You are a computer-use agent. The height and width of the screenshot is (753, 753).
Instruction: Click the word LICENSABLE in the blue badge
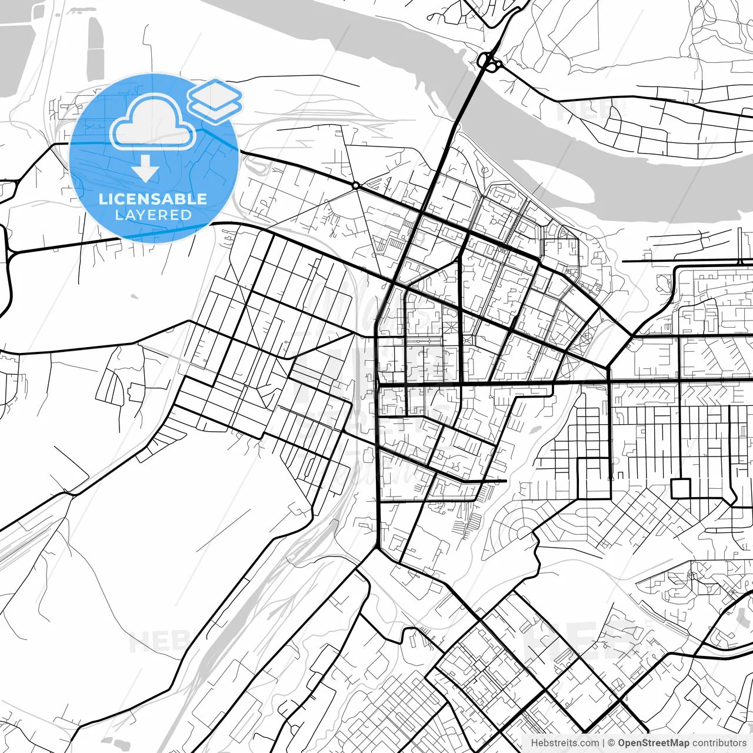click(153, 199)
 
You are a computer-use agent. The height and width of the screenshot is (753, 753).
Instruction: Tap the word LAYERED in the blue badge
click(153, 215)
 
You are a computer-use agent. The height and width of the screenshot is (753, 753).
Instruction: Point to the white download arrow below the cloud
click(145, 170)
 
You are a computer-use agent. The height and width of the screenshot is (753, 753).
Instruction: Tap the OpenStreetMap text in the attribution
click(653, 743)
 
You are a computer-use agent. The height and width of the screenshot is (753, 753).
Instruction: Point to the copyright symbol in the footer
click(611, 743)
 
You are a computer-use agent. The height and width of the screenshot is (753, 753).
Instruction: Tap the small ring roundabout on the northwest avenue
click(355, 185)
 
